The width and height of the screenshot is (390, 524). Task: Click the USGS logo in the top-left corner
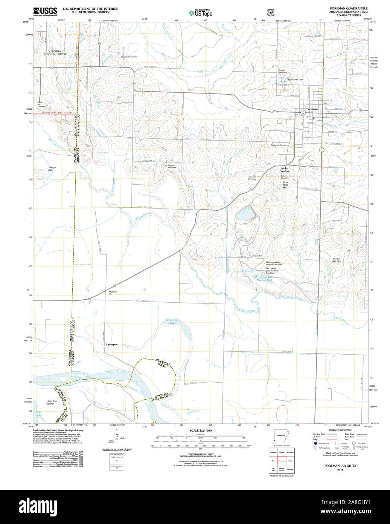pos(45,11)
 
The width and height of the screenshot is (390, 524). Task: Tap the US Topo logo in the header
pos(201,13)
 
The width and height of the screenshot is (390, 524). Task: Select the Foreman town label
pos(312,109)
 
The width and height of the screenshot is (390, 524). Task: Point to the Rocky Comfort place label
pos(284,170)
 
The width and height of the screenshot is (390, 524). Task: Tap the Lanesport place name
pos(112,345)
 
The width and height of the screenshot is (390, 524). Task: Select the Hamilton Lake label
pos(173,322)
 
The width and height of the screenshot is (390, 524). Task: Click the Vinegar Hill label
pos(52,169)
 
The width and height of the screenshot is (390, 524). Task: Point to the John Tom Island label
pos(52,402)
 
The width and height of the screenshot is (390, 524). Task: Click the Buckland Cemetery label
pos(129,57)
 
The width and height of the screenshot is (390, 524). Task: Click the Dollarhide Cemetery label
pos(279,145)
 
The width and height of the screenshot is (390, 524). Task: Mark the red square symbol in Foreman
pos(313,118)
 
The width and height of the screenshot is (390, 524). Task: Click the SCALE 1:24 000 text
pos(201,431)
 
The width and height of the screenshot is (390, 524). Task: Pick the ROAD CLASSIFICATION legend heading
pos(340,430)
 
